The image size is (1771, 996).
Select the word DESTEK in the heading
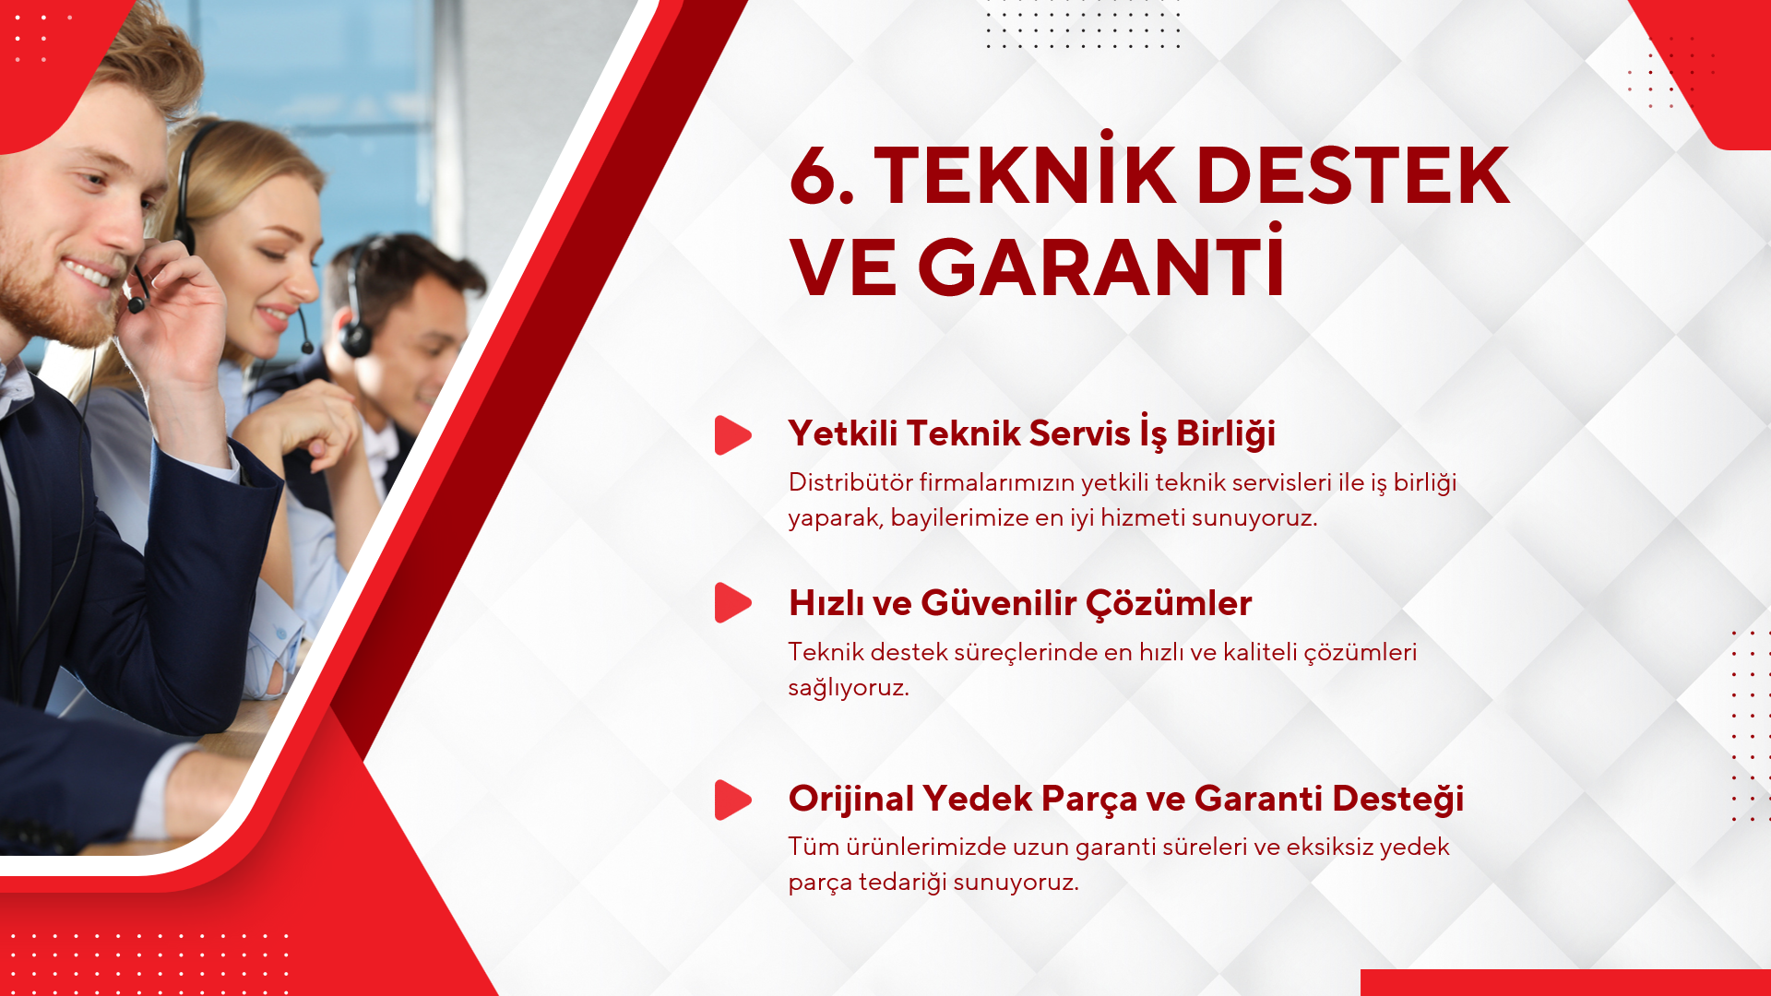click(1353, 175)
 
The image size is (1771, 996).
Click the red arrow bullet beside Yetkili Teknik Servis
click(732, 435)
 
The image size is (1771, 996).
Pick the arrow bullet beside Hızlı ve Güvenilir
click(732, 602)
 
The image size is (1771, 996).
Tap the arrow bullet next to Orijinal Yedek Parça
click(732, 800)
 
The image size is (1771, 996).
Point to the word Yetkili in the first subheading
click(842, 433)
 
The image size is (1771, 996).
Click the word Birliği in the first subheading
click(1226, 433)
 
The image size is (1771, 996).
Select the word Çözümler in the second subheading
click(1169, 603)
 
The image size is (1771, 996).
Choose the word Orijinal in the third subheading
click(851, 799)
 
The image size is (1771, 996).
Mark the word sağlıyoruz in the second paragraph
click(849, 688)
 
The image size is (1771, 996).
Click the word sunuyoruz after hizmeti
click(1254, 518)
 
